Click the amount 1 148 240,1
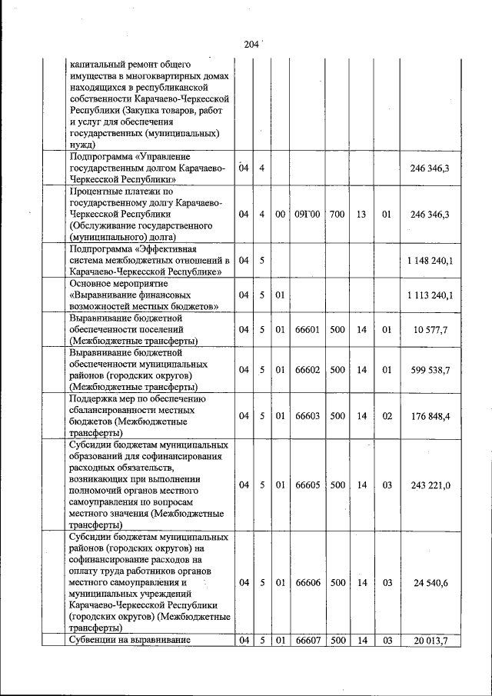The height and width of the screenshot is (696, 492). click(430, 261)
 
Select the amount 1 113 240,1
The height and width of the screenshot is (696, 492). click(430, 295)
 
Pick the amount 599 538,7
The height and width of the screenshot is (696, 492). click(430, 370)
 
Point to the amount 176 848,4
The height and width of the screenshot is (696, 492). click(430, 416)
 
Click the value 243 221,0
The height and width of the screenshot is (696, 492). click(430, 485)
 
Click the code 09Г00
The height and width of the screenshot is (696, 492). click(307, 215)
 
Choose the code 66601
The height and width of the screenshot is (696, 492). click(307, 330)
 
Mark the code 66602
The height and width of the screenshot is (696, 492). click(307, 370)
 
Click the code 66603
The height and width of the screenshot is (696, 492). click(307, 416)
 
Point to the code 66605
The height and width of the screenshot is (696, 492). click(307, 485)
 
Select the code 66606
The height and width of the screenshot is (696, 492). click(307, 584)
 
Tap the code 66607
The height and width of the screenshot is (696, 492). click(307, 641)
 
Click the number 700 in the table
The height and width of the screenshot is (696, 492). click(337, 215)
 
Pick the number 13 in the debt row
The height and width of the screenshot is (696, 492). click(361, 215)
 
